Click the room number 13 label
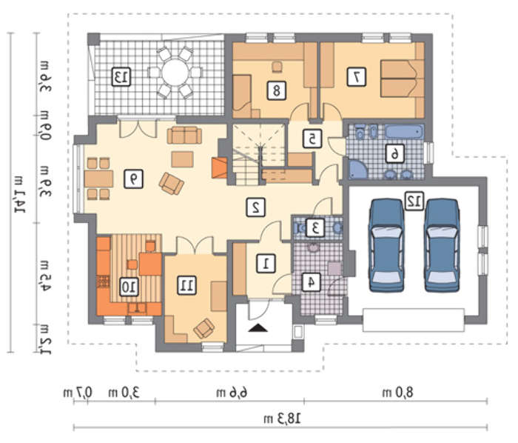[121, 77]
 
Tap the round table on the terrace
[175, 73]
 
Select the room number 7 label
[357, 77]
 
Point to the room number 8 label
[277, 90]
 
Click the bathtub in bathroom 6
[404, 132]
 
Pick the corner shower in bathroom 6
[357, 169]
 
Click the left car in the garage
[386, 245]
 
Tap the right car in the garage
[442, 245]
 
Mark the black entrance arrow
[258, 328]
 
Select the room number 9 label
[133, 179]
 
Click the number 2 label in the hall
[256, 207]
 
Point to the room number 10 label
[129, 287]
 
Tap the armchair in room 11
[203, 328]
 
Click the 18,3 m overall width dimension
[282, 419]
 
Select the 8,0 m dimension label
[398, 393]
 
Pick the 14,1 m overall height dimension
[20, 193]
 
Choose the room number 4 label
[312, 282]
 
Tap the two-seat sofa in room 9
[184, 136]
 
